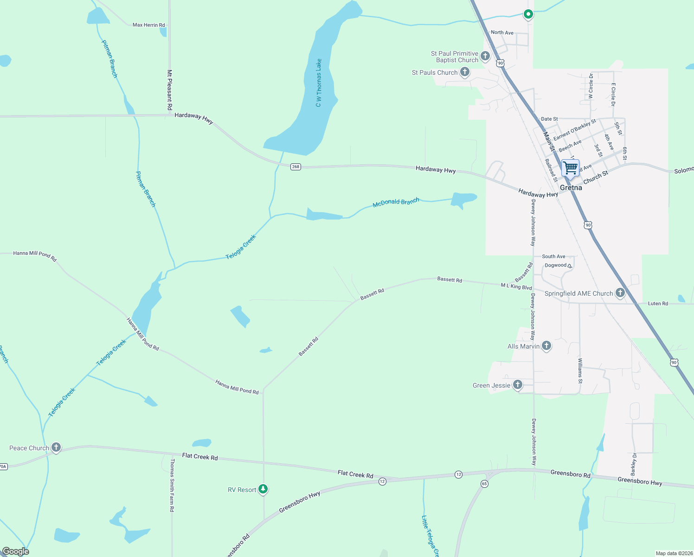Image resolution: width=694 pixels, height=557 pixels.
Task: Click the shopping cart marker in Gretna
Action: [x=570, y=168]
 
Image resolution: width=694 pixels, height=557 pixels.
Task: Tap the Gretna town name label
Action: [x=571, y=188]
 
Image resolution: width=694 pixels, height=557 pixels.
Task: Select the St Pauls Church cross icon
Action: [x=464, y=72]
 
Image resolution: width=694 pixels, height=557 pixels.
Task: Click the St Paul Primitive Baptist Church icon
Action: [x=485, y=57]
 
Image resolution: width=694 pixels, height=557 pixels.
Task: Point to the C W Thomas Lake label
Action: [x=319, y=83]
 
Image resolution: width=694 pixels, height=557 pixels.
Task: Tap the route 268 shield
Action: [x=296, y=167]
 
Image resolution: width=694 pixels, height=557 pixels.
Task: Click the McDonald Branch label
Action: [x=396, y=203]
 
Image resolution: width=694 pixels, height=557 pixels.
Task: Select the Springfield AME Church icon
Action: [x=620, y=293]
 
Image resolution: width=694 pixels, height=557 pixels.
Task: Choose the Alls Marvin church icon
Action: [x=546, y=346]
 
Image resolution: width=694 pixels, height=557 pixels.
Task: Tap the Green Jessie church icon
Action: [x=518, y=385]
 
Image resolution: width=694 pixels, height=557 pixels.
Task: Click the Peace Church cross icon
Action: [x=56, y=447]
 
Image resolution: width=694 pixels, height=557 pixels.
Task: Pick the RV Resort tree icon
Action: [x=263, y=489]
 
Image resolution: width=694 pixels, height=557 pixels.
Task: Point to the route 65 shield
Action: [x=484, y=484]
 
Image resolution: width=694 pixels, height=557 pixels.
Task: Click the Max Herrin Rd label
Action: [x=148, y=25]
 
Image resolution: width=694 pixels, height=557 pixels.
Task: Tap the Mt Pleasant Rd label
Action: [x=170, y=90]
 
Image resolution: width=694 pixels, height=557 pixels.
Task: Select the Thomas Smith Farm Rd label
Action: [x=172, y=485]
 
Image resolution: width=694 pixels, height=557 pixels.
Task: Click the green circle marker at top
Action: [x=528, y=14]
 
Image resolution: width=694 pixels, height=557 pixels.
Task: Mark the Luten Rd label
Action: [x=658, y=304]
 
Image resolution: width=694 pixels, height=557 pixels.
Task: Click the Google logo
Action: [x=16, y=551]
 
